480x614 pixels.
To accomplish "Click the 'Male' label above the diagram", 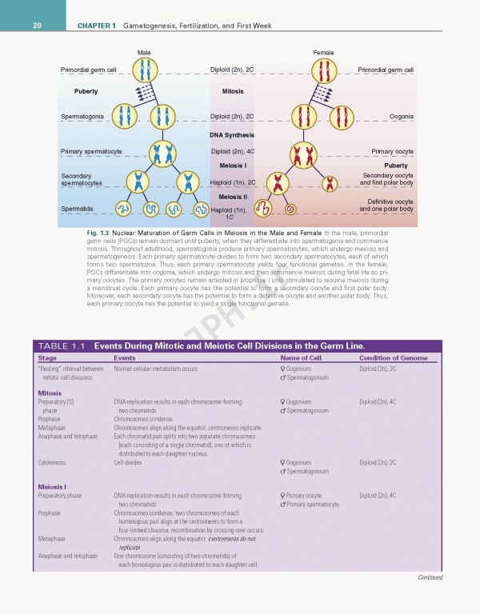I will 144,52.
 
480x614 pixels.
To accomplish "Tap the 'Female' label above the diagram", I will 323,52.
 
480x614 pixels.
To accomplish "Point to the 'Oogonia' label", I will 401,117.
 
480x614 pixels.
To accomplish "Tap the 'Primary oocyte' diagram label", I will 393,151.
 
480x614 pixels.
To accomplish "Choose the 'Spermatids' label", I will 77,209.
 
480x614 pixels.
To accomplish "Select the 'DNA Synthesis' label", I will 232,135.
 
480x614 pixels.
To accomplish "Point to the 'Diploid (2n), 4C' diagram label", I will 232,151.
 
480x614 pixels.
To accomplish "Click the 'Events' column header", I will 125,358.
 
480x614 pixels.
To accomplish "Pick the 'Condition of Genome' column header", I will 393,358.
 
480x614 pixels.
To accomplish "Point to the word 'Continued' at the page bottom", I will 429,577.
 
